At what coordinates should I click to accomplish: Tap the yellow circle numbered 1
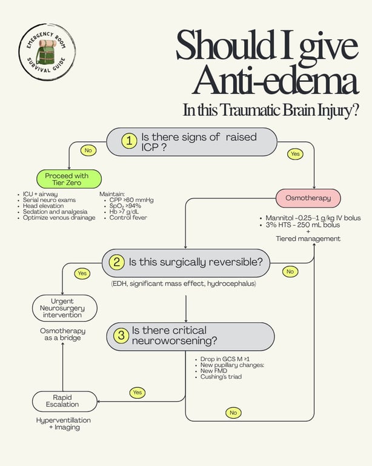point(129,141)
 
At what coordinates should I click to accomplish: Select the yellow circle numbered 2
point(116,262)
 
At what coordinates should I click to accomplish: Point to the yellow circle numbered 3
point(121,335)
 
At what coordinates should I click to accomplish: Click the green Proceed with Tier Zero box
point(69,179)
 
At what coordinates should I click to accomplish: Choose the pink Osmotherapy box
point(308,198)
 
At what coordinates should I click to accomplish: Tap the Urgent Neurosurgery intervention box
point(65,308)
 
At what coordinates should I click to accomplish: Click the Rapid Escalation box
point(65,401)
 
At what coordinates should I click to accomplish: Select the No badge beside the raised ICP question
point(88,150)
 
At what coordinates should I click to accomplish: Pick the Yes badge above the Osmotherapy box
point(296,154)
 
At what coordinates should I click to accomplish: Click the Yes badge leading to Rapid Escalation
point(138,393)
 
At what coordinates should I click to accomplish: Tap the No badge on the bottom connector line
point(233,413)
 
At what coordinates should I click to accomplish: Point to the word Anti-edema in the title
point(276,79)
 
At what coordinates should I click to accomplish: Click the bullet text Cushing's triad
point(221,377)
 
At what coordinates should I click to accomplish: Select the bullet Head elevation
point(43,206)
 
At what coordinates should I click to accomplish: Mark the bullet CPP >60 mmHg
point(131,200)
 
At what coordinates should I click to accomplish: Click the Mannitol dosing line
point(313,218)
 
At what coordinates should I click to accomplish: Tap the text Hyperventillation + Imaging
point(64,424)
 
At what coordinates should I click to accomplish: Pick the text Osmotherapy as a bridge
point(62,334)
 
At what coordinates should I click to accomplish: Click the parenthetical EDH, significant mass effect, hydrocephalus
point(184,283)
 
